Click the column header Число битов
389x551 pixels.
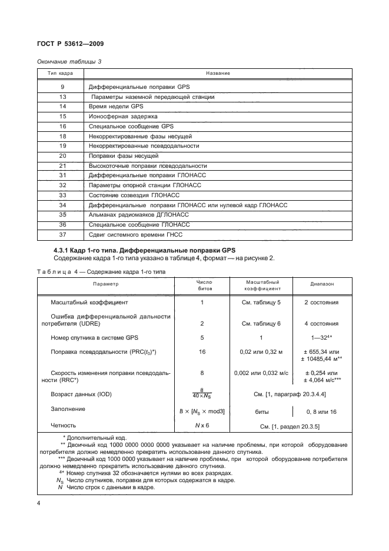tap(202, 286)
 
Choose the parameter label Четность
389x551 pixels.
tap(64, 424)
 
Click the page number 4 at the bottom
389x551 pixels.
tap(39, 504)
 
